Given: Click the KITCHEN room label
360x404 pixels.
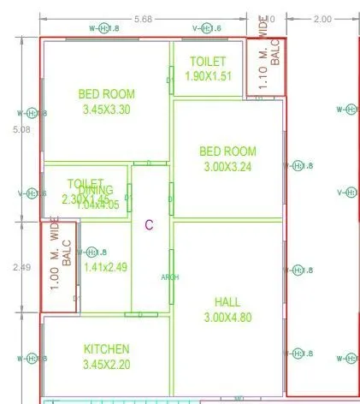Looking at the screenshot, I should pyautogui.click(x=106, y=349).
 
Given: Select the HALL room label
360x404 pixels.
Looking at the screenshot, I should pyautogui.click(x=227, y=301).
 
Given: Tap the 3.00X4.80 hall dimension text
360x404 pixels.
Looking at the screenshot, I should pyautogui.click(x=227, y=318).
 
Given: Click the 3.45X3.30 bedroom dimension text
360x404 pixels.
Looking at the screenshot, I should pyautogui.click(x=106, y=110).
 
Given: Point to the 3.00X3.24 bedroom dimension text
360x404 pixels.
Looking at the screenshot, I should pyautogui.click(x=227, y=168).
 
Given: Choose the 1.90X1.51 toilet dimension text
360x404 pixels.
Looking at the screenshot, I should pyautogui.click(x=208, y=76).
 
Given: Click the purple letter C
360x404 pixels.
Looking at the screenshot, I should pyautogui.click(x=148, y=225).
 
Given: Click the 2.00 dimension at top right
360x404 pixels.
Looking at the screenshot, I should pyautogui.click(x=323, y=19).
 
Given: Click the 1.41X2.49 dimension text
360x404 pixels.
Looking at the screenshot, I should pyautogui.click(x=105, y=267).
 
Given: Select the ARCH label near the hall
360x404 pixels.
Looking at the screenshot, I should pyautogui.click(x=170, y=277).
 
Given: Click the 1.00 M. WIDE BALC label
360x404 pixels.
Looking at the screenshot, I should pyautogui.click(x=60, y=266).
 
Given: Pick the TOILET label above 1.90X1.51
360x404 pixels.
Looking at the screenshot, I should pyautogui.click(x=208, y=62).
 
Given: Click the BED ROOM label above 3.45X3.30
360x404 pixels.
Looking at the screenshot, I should pyautogui.click(x=106, y=95).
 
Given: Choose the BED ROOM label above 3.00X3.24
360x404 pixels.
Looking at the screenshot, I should pyautogui.click(x=227, y=151).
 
